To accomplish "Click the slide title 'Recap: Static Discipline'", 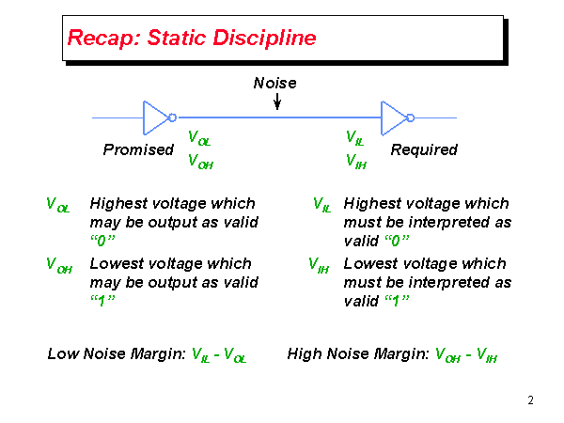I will point(191,39).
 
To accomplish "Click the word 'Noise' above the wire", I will point(274,83).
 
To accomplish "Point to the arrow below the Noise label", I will point(276,101).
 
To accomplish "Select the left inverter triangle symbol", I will point(154,117).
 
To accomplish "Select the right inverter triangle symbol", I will point(393,117).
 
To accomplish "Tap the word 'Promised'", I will point(138,149).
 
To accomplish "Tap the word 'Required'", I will point(424,149).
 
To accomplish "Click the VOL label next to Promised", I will point(199,139).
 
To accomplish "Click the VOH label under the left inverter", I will point(200,162).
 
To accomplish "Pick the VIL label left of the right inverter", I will point(355,139).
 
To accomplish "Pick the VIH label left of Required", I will point(356,162).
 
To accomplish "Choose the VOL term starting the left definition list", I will point(57,204).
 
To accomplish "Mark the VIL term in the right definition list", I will point(321,204).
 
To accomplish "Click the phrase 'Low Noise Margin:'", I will point(117,353).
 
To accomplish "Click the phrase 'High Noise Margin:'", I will point(358,353).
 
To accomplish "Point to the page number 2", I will point(530,401).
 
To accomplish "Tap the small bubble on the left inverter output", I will point(173,117).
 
